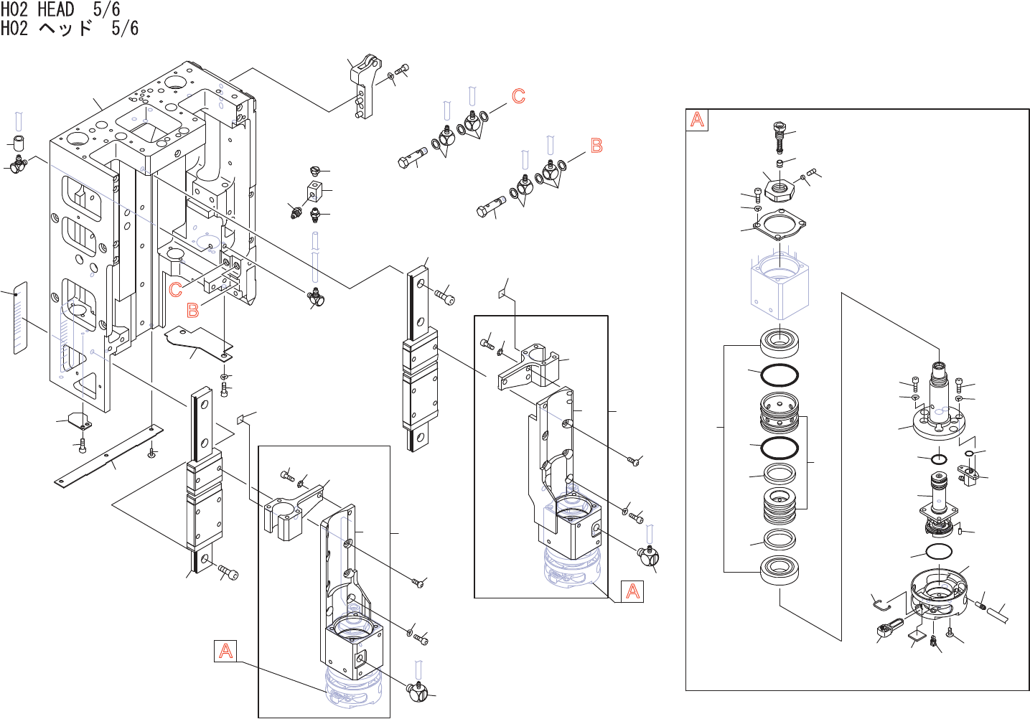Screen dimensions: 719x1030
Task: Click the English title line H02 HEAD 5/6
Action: [x=60, y=9]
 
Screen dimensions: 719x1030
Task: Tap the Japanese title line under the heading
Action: [x=69, y=28]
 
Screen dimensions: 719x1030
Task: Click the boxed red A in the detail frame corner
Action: [x=697, y=120]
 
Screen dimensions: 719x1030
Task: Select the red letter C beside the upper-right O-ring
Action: [x=518, y=96]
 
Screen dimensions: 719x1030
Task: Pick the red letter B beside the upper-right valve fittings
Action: [x=596, y=146]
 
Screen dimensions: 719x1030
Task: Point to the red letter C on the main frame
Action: [x=176, y=290]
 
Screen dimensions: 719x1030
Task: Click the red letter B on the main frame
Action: [x=192, y=310]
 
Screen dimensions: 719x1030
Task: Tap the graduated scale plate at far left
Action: [x=20, y=318]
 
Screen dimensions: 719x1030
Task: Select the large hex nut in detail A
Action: [x=780, y=189]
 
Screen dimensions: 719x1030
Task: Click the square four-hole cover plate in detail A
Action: [x=779, y=225]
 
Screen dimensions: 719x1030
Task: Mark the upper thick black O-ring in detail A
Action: [x=779, y=375]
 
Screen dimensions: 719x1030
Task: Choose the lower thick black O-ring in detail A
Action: [x=779, y=448]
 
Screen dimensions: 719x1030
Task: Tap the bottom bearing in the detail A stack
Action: [x=779, y=570]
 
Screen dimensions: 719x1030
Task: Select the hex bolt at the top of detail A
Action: [x=779, y=136]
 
